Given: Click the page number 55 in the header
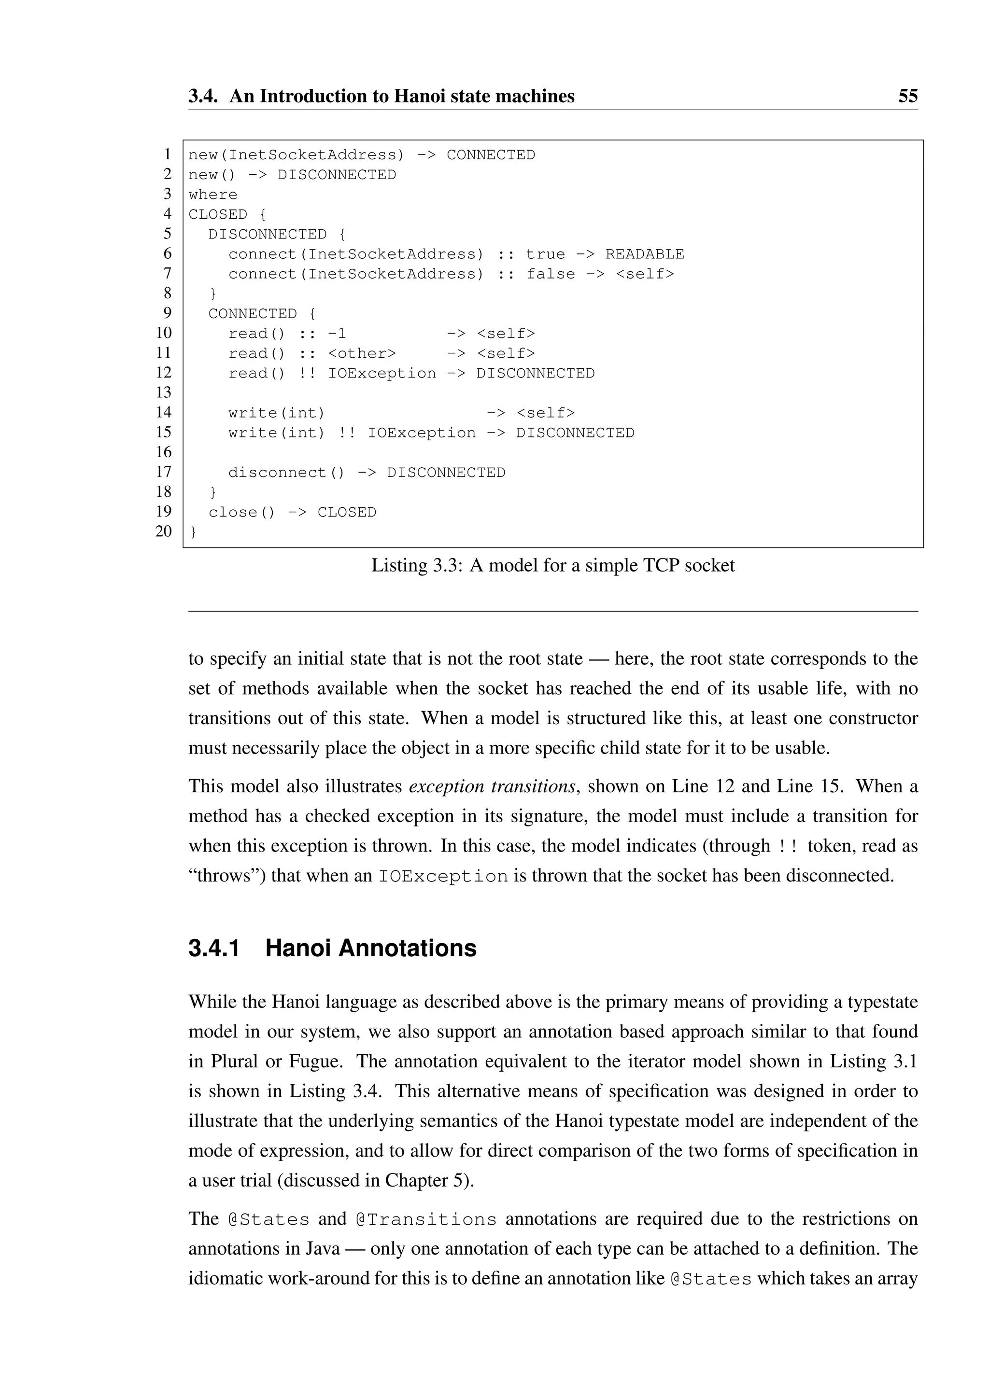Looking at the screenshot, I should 907,96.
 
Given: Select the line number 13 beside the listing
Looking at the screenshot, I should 164,393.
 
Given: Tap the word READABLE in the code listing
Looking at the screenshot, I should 644,254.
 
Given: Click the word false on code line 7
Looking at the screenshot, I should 551,275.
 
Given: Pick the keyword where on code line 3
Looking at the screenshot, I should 213,195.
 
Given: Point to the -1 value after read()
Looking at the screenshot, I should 337,334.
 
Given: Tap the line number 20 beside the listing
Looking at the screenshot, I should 164,531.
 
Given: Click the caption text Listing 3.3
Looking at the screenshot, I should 417,566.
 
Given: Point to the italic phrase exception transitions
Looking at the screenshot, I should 492,786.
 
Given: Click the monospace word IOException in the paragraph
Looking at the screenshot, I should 443,877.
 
